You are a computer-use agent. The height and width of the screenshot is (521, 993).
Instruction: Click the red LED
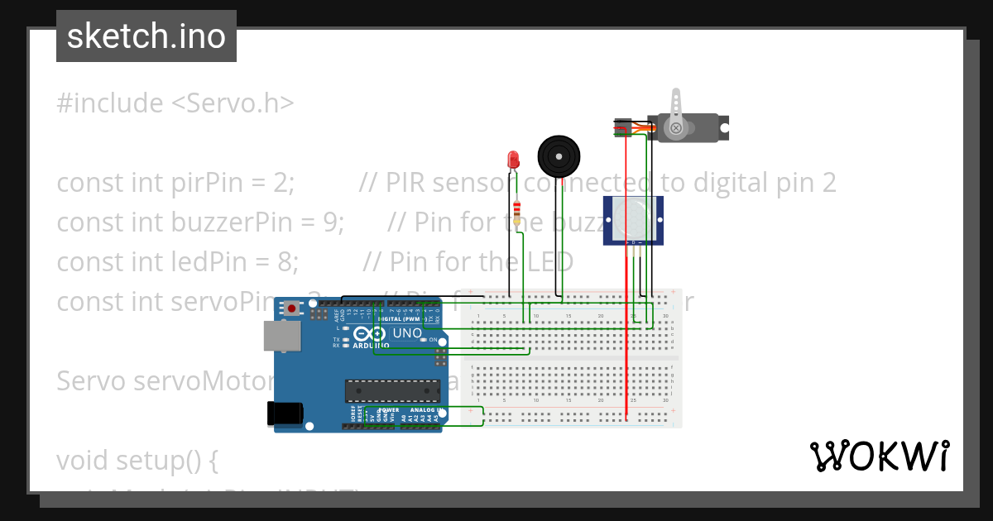(513, 159)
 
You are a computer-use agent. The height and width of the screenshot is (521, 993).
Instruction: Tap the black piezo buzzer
(559, 155)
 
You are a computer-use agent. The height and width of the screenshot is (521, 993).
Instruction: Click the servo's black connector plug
(622, 127)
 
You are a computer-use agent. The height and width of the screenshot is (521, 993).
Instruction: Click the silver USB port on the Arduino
(281, 336)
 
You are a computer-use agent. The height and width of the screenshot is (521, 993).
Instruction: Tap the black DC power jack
(284, 413)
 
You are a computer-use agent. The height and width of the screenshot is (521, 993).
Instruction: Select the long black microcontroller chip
(392, 390)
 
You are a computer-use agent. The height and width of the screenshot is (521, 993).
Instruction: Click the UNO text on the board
(406, 333)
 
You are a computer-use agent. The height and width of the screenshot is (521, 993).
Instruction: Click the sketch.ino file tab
(146, 36)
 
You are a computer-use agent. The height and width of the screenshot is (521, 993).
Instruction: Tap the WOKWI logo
(879, 456)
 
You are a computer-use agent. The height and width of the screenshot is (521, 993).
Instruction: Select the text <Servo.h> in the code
(233, 103)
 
